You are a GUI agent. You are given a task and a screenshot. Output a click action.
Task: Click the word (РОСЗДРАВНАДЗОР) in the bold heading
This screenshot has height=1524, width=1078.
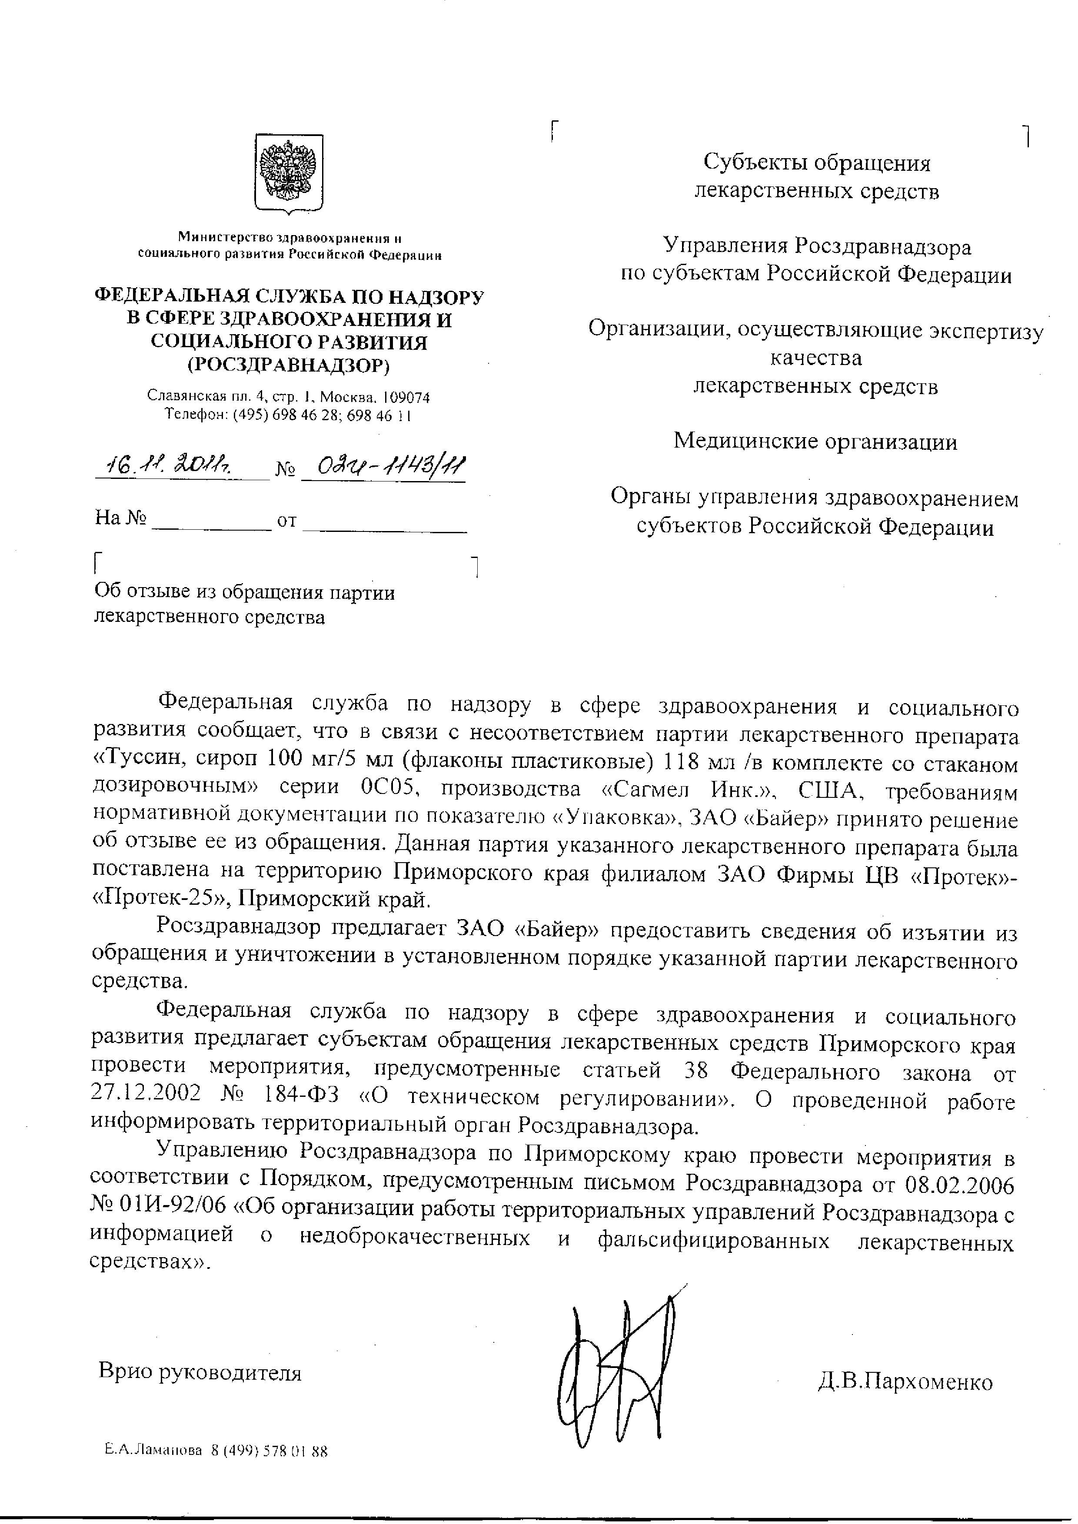(289, 365)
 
